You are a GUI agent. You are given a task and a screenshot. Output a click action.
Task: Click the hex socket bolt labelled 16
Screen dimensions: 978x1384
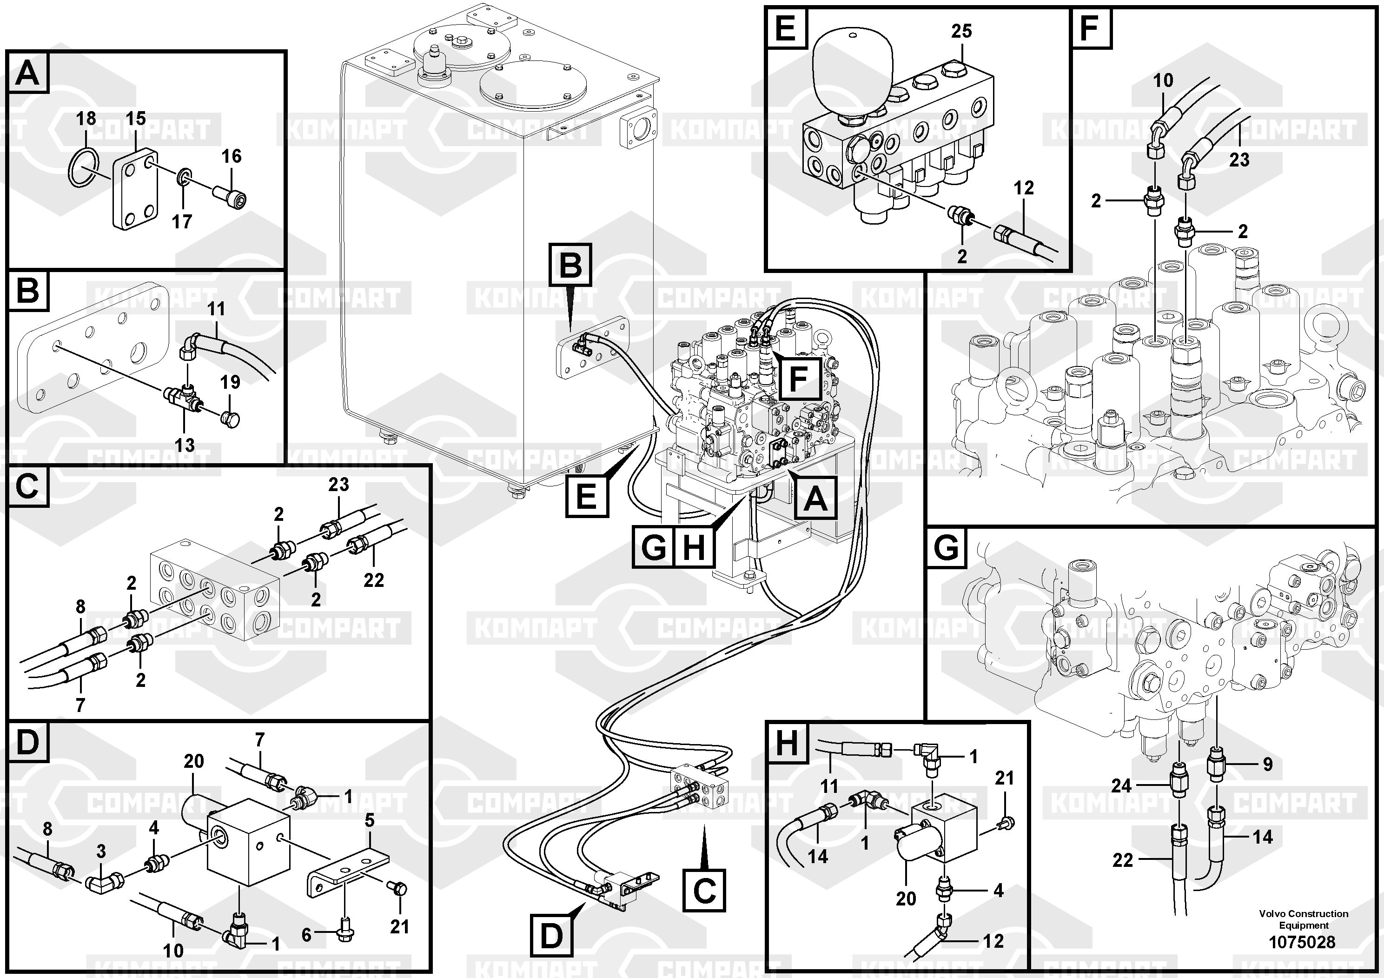coord(231,195)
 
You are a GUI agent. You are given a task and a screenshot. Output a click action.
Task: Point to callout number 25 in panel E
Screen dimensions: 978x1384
coord(961,31)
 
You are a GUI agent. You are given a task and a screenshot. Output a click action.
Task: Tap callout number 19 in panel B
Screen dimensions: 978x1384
coord(230,382)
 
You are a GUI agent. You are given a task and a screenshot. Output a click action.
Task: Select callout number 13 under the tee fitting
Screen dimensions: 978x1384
coord(185,445)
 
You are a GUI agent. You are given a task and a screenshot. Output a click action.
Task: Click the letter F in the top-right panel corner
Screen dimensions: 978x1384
coord(1089,28)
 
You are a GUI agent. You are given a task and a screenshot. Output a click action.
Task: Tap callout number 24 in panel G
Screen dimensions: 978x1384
coord(1121,785)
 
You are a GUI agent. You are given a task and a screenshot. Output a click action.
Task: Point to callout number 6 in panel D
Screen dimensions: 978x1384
coord(306,935)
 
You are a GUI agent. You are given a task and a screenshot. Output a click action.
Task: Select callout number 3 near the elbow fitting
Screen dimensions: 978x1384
coord(101,852)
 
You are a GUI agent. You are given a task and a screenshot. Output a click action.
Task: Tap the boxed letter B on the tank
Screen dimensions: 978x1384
coord(570,265)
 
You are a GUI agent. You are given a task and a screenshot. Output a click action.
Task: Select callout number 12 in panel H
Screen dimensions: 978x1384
coord(993,941)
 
